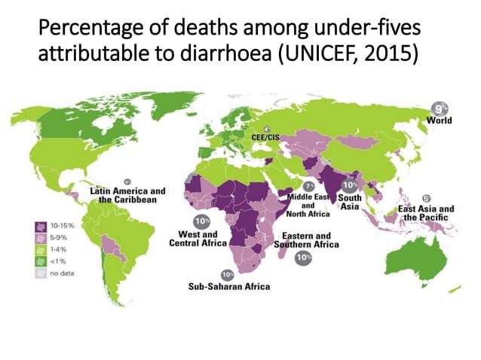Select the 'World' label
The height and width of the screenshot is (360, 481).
point(440,121)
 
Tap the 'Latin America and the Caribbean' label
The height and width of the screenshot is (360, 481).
point(127,196)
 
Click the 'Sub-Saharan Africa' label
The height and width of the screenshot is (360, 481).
point(228,286)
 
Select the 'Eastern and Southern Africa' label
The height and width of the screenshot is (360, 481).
point(306,240)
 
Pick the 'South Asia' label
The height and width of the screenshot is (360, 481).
point(349,202)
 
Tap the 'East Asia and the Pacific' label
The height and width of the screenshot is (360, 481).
point(426,213)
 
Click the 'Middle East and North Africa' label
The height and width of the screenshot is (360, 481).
point(308,204)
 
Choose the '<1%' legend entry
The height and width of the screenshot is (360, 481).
point(57,261)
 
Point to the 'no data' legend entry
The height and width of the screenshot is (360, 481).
point(60,273)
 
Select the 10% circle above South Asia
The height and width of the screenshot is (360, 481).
point(350,185)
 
